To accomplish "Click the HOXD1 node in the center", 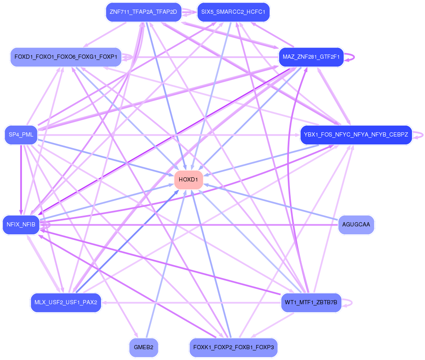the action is pos(188,180).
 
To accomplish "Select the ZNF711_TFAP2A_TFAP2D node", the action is pos(143,12).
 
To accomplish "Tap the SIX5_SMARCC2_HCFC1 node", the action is pos(233,12).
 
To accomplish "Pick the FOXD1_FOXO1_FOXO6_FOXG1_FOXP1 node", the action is pos(66,57).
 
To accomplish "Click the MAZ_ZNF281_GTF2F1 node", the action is pos(311,57).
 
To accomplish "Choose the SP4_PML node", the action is pos(21,134).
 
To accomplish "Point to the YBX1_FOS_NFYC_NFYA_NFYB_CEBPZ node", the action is pos(356,134).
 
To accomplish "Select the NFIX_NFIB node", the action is pos(21,225).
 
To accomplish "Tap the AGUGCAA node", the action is pos(356,225).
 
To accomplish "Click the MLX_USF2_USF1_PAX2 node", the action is pos(66,303).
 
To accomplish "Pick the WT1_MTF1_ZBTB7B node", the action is pos(311,303).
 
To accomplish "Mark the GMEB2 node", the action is pos(143,348).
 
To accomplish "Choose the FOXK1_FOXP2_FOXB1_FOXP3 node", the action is pos(233,348).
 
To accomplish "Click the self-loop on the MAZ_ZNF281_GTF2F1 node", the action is pos(350,57).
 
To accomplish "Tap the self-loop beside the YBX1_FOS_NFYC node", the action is pos(418,135).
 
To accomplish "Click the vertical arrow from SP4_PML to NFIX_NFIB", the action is pos(21,180).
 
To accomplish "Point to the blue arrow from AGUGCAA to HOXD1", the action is pos(271,201).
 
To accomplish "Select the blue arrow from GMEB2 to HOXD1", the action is pos(166,264).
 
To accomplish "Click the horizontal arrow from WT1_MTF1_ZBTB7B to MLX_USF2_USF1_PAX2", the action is pos(191,303).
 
